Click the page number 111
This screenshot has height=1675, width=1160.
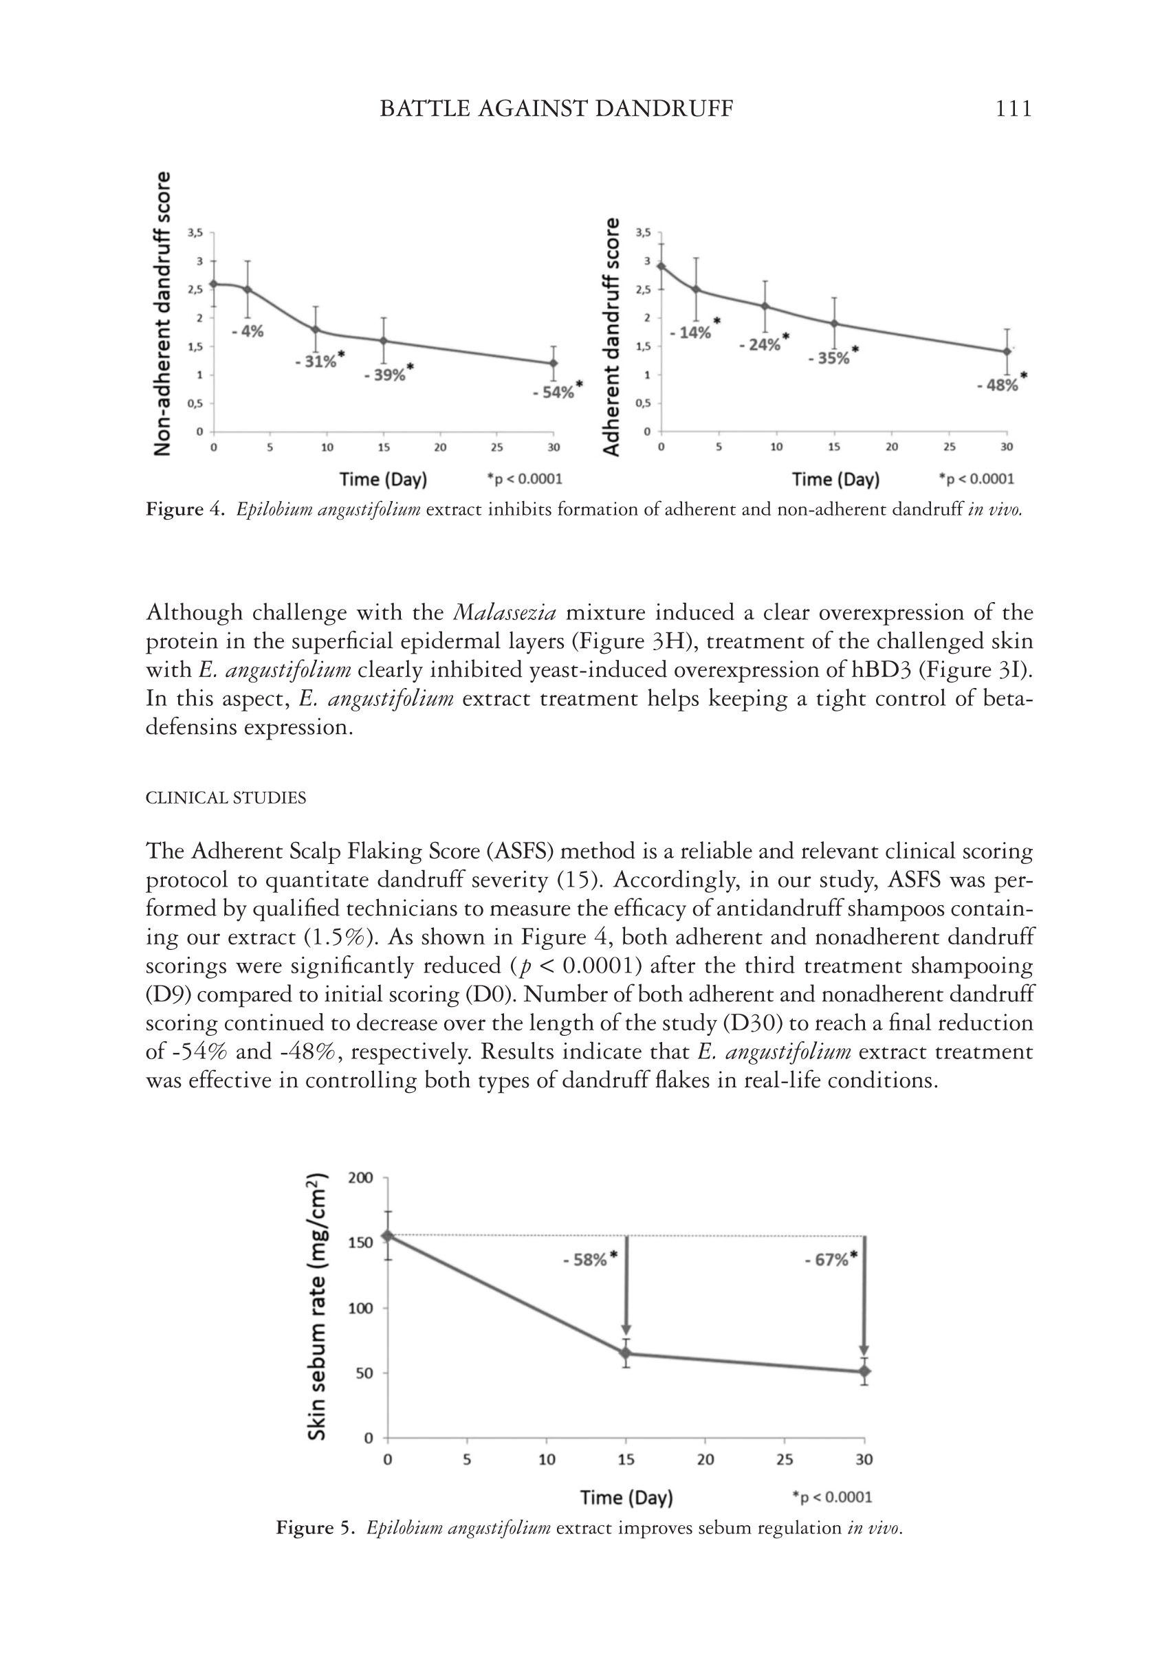(1013, 109)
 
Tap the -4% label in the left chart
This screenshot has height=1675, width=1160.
(248, 332)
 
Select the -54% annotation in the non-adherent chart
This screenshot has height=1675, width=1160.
(554, 393)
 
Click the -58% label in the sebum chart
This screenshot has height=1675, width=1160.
(586, 1261)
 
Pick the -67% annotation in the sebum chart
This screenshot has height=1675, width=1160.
(827, 1261)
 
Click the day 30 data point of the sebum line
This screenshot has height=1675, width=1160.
(864, 1371)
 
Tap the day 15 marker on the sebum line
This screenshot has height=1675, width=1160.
(626, 1353)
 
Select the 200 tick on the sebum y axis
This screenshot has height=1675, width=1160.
(360, 1177)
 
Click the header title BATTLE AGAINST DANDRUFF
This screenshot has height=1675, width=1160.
(557, 109)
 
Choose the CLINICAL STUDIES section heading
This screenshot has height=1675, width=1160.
(226, 798)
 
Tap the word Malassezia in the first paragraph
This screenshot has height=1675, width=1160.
(505, 613)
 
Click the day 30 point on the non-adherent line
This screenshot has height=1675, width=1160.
(554, 363)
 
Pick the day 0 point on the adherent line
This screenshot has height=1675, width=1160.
(661, 266)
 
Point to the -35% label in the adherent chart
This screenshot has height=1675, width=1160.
(829, 359)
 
